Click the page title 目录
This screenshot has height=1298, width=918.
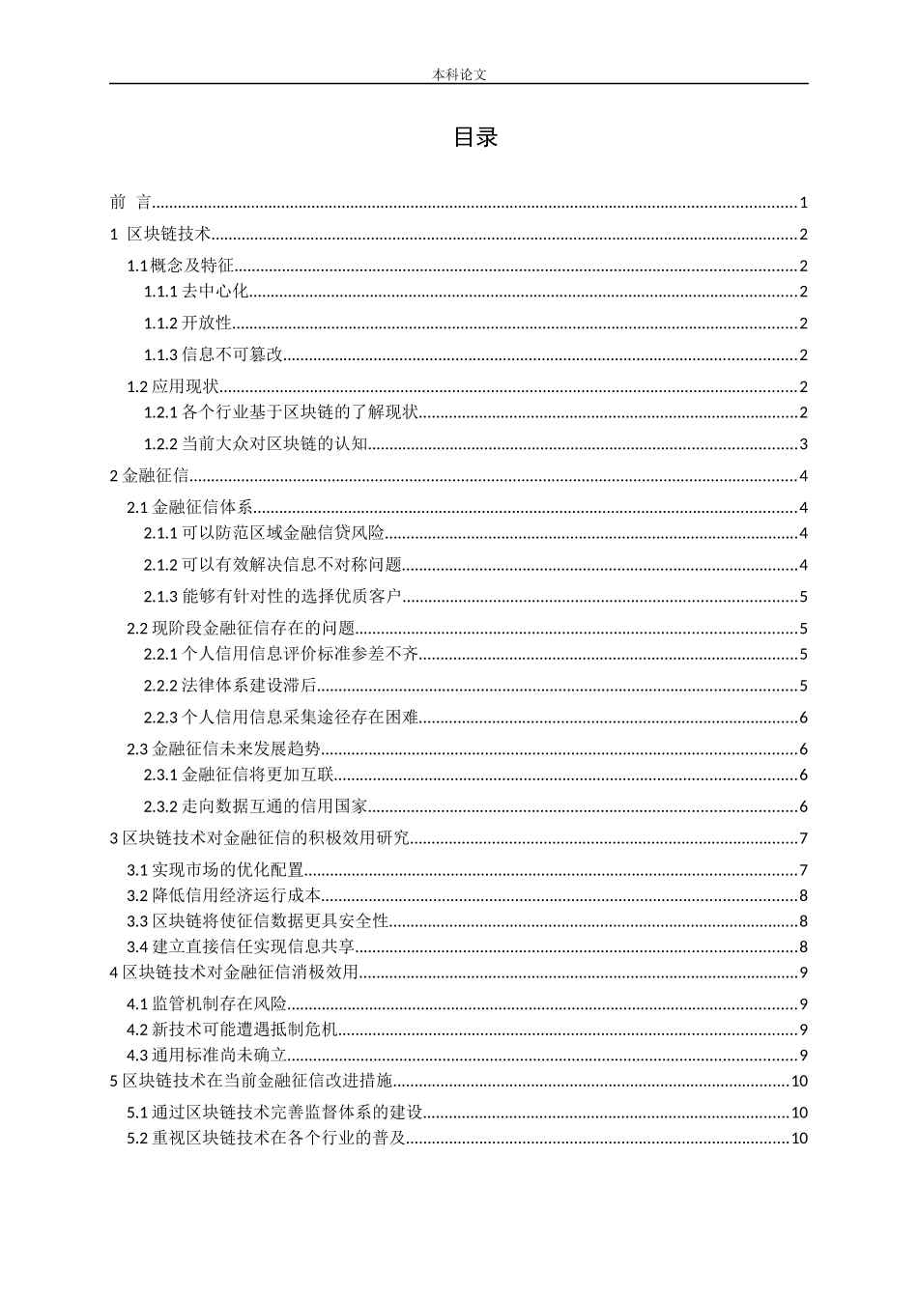click(475, 138)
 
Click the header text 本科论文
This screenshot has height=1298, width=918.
click(459, 74)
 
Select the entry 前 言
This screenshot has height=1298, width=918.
click(131, 203)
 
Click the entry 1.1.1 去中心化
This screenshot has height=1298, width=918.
click(196, 292)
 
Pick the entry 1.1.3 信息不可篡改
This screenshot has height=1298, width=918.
click(214, 355)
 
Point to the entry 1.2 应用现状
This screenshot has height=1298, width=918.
click(173, 387)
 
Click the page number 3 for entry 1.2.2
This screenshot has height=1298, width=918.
click(803, 444)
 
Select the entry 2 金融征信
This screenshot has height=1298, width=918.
click(150, 475)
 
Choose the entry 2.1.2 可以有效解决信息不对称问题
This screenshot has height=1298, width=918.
click(273, 565)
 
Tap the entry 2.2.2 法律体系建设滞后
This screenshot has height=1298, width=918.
click(230, 687)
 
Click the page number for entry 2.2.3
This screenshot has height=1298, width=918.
click(803, 718)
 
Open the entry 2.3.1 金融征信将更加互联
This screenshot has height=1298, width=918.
click(239, 775)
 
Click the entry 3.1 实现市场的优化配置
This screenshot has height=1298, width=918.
click(215, 870)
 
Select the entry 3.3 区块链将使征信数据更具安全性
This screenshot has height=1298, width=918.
click(258, 921)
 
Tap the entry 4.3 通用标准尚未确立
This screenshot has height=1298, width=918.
click(207, 1056)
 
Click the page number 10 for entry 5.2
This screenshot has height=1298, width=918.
click(799, 1138)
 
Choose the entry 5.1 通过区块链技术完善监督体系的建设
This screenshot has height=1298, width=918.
click(275, 1113)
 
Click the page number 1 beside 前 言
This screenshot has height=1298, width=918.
click(803, 203)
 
